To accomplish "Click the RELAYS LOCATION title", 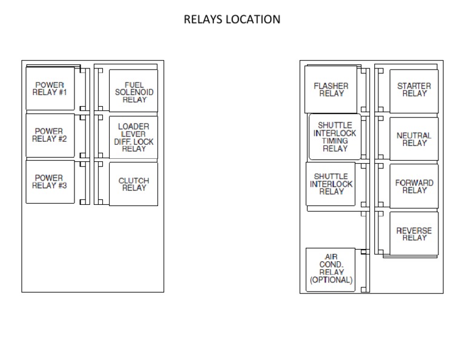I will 232,19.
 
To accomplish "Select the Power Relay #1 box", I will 50,88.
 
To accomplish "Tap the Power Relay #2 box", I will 50,135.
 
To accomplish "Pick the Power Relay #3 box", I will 50,181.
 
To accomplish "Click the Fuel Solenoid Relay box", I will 134,92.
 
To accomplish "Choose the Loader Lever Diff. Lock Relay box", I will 134,138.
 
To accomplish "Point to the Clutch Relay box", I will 134,184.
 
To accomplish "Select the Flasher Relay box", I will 331,90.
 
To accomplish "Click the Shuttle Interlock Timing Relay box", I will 335,137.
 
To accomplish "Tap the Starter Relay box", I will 414,90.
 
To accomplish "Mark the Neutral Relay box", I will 414,139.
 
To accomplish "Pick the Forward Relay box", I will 414,187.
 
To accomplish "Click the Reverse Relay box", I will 414,234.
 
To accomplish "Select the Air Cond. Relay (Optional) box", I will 331,270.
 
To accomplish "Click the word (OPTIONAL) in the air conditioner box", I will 331,281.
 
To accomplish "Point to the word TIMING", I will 335,141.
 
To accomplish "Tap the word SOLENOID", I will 134,92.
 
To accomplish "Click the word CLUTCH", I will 134,181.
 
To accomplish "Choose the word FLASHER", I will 331,86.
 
